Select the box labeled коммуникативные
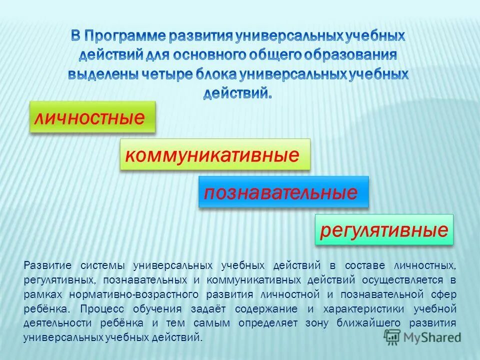pyautogui.click(x=215, y=154)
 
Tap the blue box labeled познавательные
pyautogui.click(x=283, y=192)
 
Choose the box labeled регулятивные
pyautogui.click(x=383, y=230)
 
